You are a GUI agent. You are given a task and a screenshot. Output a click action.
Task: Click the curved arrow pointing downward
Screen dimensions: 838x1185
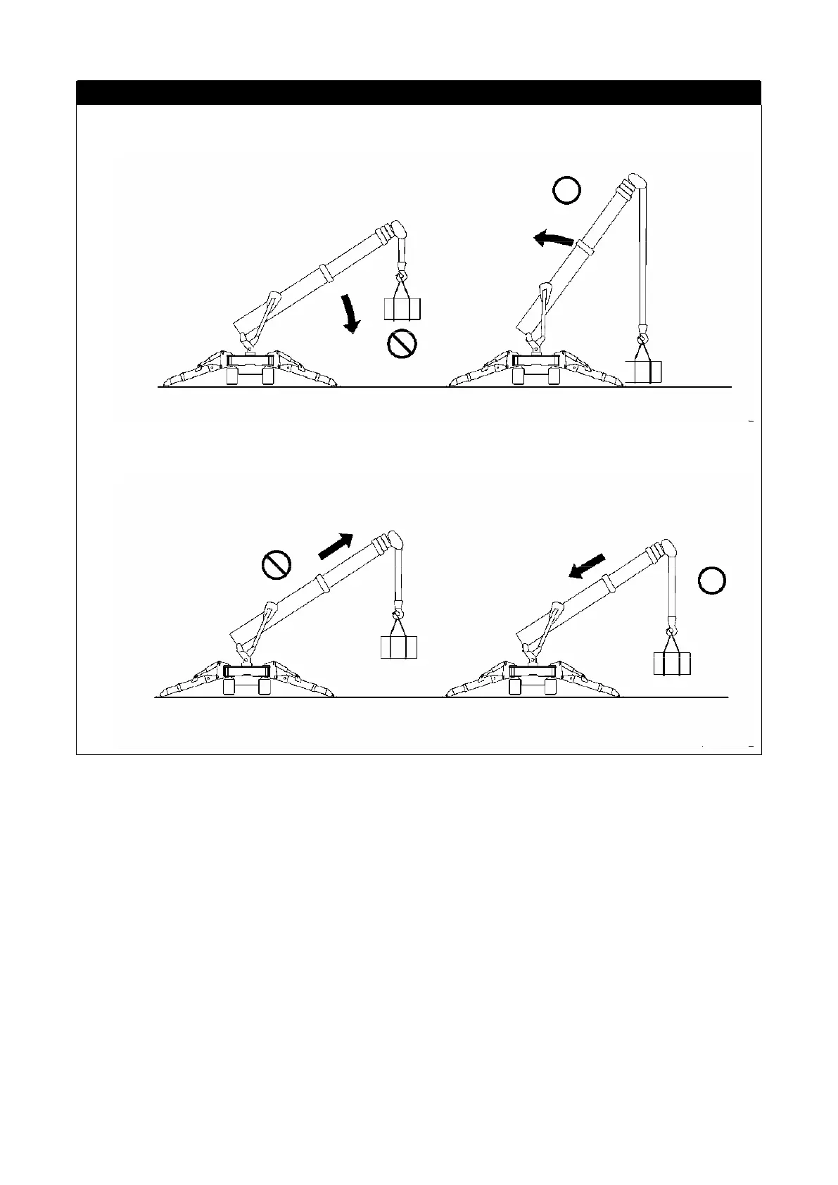click(x=350, y=314)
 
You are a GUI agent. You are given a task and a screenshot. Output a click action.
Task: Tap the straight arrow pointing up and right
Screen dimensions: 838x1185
click(x=336, y=545)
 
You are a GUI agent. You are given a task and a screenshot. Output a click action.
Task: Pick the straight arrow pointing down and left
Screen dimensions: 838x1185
click(x=587, y=566)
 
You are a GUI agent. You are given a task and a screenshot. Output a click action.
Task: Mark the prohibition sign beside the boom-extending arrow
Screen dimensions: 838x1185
click(x=276, y=564)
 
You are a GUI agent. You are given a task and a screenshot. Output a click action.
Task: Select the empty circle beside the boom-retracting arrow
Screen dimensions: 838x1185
click(x=712, y=581)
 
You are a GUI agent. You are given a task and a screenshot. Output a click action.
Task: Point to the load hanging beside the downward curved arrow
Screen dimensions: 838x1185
click(x=402, y=308)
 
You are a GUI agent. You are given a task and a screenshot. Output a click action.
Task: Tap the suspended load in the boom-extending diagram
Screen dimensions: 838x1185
click(x=398, y=646)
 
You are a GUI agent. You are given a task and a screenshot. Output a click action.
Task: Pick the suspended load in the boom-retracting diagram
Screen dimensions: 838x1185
click(x=671, y=663)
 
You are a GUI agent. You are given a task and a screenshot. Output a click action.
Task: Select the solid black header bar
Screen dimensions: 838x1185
click(x=419, y=92)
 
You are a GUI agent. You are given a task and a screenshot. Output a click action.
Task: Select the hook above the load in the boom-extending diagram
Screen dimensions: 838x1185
click(x=398, y=607)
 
